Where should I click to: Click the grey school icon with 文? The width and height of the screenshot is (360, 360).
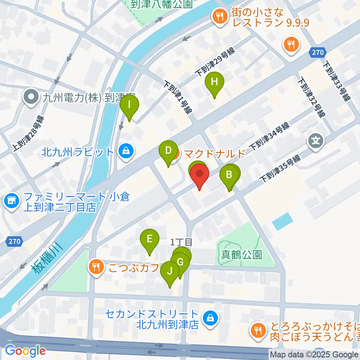click(315, 141)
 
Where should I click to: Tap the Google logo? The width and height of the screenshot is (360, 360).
click(25, 351)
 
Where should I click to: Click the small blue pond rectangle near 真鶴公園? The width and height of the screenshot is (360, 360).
click(282, 221)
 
